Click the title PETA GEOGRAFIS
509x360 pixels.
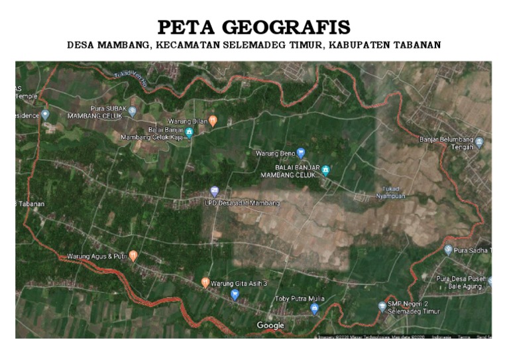click(254, 28)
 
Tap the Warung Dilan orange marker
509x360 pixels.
click(213, 120)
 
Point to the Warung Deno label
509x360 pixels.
click(274, 153)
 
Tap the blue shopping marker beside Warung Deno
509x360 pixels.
click(301, 152)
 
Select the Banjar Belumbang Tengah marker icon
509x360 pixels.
click(479, 141)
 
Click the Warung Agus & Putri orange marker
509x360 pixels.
click(133, 255)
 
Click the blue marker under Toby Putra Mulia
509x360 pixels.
click(315, 308)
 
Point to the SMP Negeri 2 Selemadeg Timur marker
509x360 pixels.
click(382, 306)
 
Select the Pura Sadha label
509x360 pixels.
click(474, 251)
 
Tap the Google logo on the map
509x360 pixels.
click(270, 326)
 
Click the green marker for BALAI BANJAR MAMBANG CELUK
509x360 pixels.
click(325, 170)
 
